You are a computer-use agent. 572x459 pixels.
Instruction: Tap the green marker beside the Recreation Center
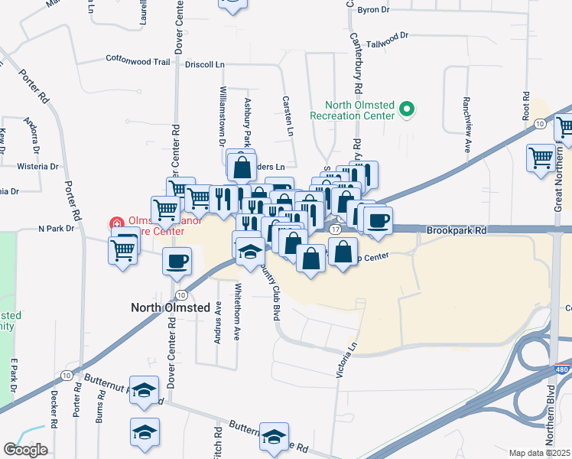(407, 112)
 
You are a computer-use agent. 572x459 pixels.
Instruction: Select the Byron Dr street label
(374, 10)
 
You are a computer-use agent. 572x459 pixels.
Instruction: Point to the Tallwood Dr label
(388, 36)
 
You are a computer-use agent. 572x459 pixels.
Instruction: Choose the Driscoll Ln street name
(203, 65)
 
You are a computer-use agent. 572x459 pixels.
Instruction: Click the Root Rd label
(526, 106)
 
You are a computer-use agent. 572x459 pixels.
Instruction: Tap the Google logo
(25, 449)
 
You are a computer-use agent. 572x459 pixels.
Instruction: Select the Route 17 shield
(336, 229)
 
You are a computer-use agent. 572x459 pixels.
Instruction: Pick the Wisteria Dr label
(37, 166)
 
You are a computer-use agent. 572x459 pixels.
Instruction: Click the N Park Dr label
(57, 229)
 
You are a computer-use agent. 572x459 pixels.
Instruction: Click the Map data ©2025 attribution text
(540, 453)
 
